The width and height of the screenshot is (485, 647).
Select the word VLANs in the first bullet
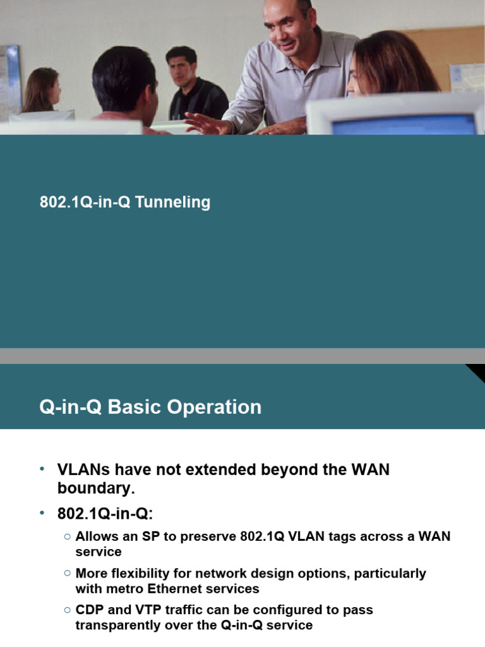coord(83,470)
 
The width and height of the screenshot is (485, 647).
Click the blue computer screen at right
coord(404,124)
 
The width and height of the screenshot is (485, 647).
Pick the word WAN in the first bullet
coord(368,470)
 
